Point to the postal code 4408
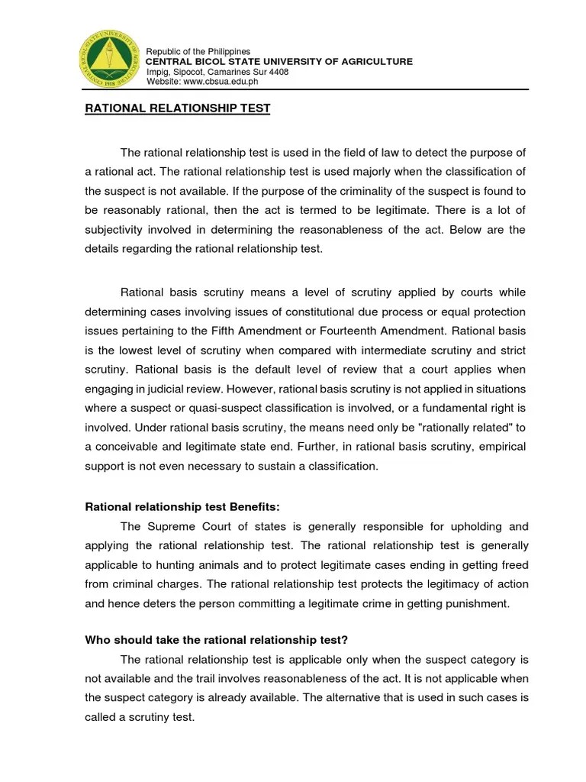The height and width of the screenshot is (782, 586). click(x=278, y=71)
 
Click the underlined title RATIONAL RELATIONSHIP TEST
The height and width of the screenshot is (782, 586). click(x=177, y=108)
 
